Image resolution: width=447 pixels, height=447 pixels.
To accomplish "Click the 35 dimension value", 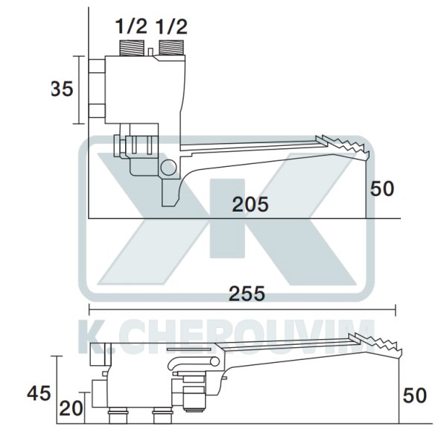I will [x=62, y=89].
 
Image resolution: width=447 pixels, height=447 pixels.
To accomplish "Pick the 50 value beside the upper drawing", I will [x=382, y=188].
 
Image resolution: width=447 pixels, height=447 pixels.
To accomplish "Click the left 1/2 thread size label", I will [x=130, y=28].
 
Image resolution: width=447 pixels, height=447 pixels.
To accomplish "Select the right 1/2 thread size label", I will [x=171, y=28].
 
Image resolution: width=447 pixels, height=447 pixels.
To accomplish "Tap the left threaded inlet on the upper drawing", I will [x=131, y=49].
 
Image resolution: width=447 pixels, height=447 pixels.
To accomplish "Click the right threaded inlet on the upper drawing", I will [x=171, y=49].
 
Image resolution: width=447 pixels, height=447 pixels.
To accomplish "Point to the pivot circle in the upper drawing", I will [x=168, y=168].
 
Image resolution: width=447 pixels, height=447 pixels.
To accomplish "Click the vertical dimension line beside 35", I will [x=79, y=90].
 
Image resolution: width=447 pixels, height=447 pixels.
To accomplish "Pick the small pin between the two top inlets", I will [x=151, y=51].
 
